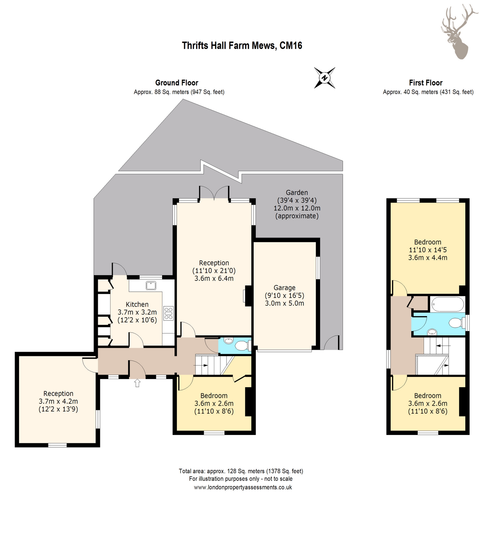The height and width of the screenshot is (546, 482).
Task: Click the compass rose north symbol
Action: pyautogui.click(x=324, y=78)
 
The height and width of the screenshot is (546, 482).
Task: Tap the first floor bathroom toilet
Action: pyautogui.click(x=457, y=323)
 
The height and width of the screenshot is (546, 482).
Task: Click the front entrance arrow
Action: pyautogui.click(x=137, y=383)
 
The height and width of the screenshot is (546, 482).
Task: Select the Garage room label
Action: pyautogui.click(x=284, y=288)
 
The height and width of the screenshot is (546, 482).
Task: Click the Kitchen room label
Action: pyautogui.click(x=137, y=304)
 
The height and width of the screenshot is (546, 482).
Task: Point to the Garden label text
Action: pyautogui.click(x=297, y=193)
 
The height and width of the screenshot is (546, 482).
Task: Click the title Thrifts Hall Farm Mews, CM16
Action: pyautogui.click(x=242, y=46)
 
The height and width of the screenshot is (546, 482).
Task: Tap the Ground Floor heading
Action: pyautogui.click(x=177, y=83)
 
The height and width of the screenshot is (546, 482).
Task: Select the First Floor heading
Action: pyautogui.click(x=426, y=83)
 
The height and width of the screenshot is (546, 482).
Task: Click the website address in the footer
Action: pyautogui.click(x=243, y=487)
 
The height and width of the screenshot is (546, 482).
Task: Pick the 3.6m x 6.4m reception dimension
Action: pyautogui.click(x=214, y=278)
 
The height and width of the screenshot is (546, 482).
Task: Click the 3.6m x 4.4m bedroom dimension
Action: pyautogui.click(x=428, y=258)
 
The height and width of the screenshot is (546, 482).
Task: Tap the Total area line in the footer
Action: pyautogui.click(x=241, y=471)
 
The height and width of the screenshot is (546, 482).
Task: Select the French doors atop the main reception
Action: pyautogui.click(x=214, y=193)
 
